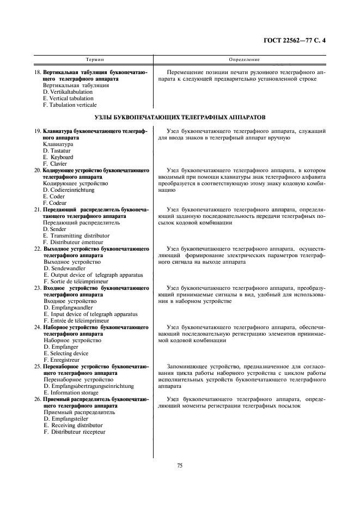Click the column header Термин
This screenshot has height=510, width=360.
click(95, 59)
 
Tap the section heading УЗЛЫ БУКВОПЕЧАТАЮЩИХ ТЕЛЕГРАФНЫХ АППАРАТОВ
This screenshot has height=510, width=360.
click(180, 118)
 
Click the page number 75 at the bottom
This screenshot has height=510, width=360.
click(180, 465)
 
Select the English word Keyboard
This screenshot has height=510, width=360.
click(61, 157)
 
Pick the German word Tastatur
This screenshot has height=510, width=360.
click(61, 151)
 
